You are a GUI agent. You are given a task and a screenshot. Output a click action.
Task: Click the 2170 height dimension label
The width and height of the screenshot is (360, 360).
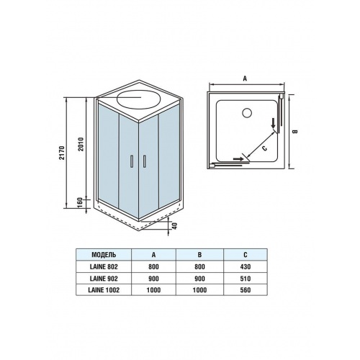[62, 153]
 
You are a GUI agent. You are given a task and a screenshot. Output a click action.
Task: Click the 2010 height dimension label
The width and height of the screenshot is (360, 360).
[81, 144]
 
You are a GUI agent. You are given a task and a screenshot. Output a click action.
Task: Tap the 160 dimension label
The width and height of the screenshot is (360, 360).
[80, 203]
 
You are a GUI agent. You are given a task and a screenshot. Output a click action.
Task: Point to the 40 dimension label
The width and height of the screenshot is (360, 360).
[175, 226]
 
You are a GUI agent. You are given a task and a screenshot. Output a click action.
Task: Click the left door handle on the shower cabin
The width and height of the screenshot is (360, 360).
[131, 161]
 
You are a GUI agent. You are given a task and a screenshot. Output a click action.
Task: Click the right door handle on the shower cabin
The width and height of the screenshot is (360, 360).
[144, 161]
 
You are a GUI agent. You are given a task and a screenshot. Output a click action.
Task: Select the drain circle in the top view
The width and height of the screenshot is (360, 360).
[246, 113]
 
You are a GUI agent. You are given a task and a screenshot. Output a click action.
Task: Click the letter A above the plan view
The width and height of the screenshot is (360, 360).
[245, 78]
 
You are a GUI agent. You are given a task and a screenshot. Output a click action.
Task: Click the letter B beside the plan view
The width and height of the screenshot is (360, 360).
[295, 132]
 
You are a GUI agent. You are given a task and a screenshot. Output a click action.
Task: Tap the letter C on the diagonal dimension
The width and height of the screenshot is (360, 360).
[264, 148]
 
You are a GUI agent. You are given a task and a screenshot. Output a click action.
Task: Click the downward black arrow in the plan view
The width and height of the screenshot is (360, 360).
[273, 123]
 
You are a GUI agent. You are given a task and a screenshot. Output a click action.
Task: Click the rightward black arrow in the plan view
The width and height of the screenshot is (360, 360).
[238, 158]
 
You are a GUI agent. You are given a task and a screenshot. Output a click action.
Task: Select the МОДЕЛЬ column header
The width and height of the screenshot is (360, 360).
[104, 255]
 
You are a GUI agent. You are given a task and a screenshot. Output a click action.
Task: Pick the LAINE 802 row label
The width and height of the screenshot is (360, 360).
[104, 266]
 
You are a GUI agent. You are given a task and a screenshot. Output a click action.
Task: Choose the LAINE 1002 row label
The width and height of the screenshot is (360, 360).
[104, 290]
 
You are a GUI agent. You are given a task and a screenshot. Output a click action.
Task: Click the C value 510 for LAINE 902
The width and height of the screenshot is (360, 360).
[246, 279]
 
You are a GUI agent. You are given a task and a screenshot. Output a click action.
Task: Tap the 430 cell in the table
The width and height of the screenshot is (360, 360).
[246, 266]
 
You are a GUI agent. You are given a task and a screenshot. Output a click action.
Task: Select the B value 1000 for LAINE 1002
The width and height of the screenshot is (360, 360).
[199, 290]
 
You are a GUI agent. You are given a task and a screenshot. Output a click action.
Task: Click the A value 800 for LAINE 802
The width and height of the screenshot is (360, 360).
[153, 266]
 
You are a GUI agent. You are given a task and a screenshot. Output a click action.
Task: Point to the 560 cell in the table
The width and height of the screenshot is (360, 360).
[246, 290]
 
